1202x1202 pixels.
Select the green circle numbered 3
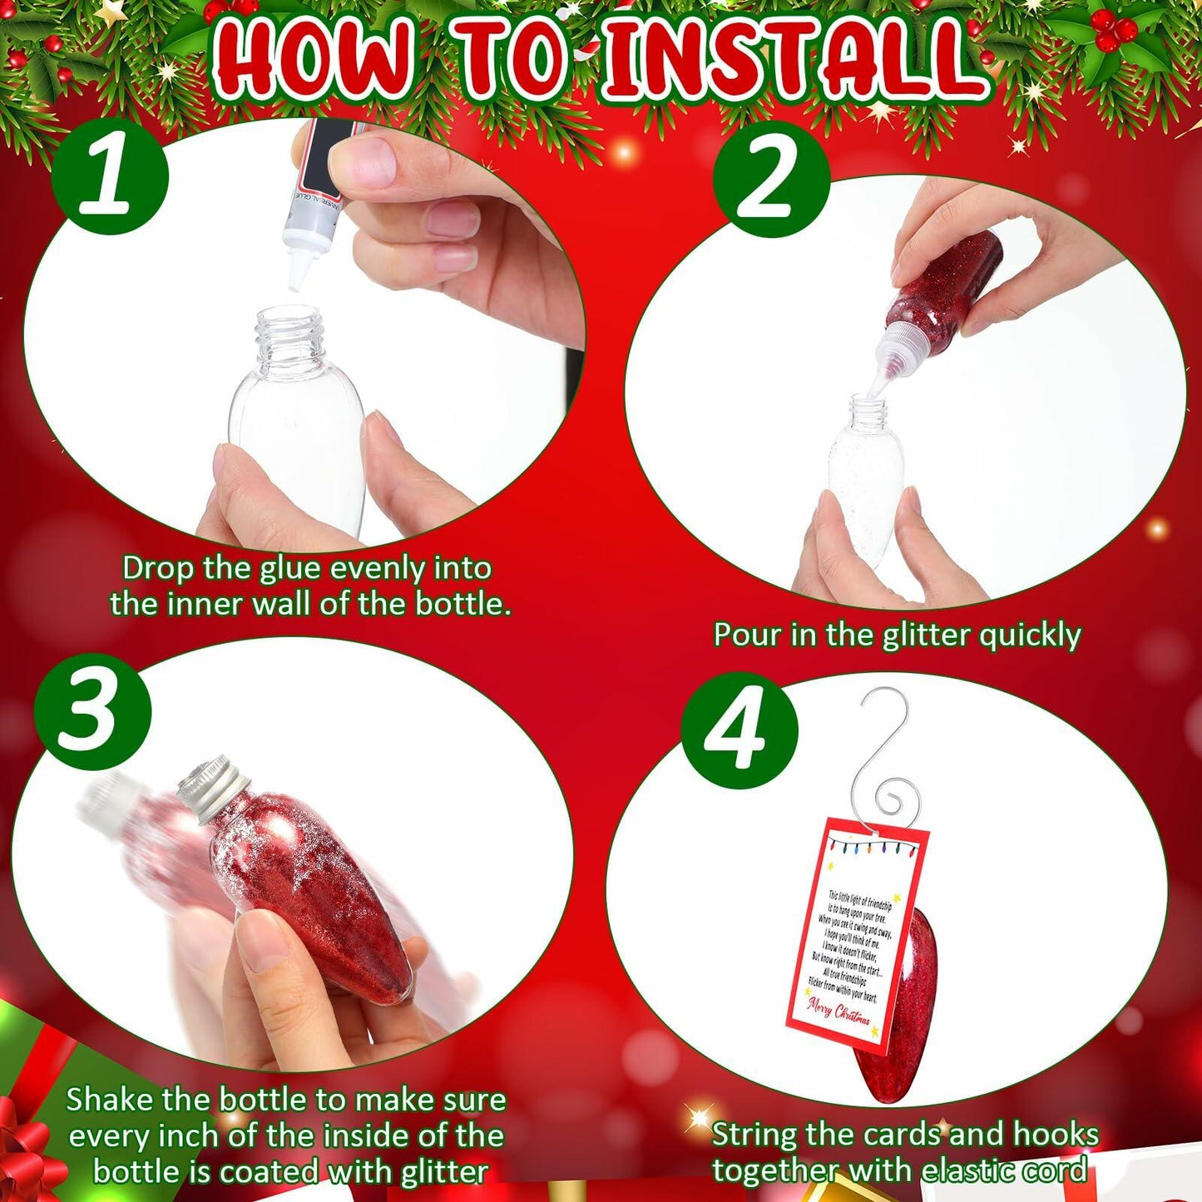click(92, 713)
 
